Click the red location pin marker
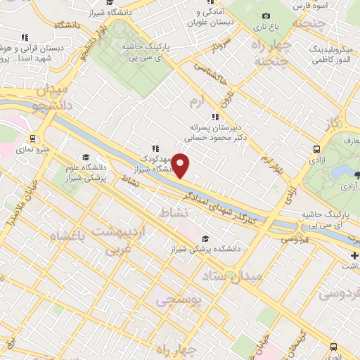(x=181, y=166)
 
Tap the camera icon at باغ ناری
(x=265, y=16)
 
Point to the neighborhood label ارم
(x=200, y=103)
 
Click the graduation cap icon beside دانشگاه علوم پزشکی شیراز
(x=85, y=157)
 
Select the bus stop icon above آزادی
(x=316, y=150)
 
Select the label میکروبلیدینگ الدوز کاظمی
(x=324, y=54)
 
